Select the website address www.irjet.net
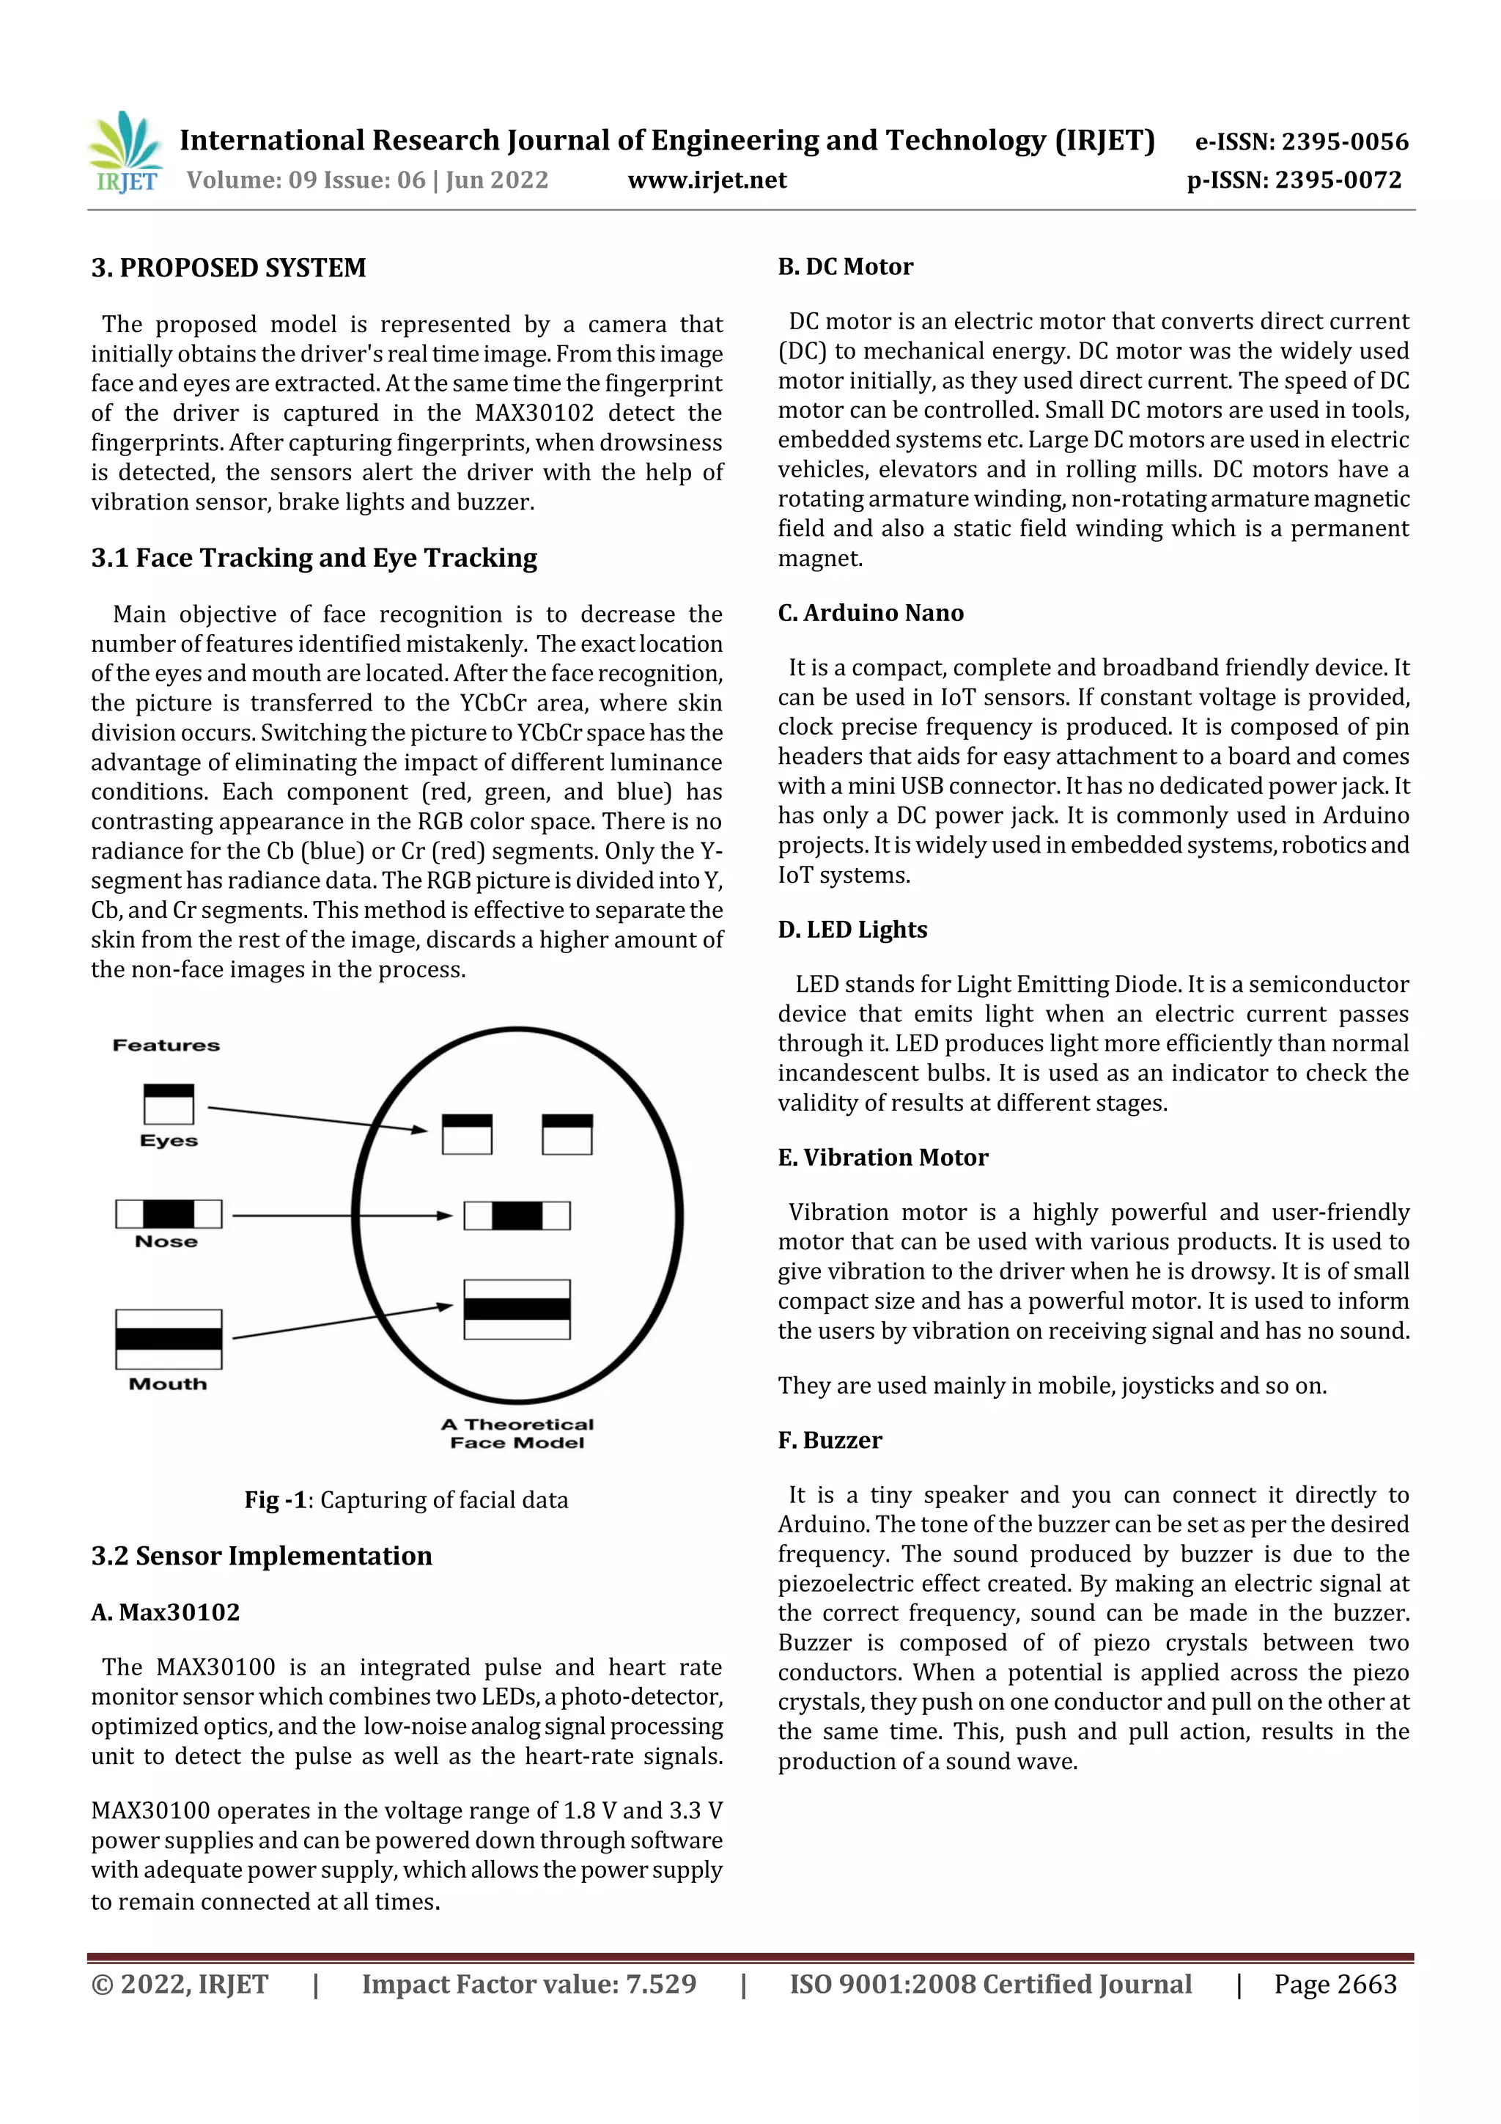[707, 180]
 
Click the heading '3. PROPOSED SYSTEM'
[229, 268]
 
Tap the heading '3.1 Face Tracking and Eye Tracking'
[314, 558]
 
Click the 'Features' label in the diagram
[166, 1046]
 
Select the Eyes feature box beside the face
[169, 1103]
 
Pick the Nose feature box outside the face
[169, 1213]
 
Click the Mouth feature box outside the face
[169, 1339]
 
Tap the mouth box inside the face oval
[517, 1309]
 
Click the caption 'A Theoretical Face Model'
[517, 1433]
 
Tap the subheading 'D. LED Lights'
[852, 930]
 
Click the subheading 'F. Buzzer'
[830, 1441]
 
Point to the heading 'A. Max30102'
[166, 1612]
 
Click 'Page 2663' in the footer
[1335, 1984]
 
